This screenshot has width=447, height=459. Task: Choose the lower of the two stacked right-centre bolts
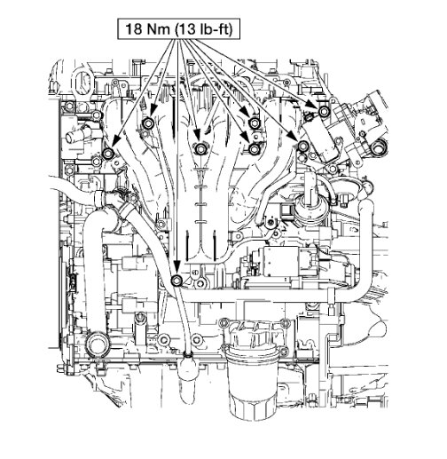255,149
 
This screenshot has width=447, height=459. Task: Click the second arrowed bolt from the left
148,122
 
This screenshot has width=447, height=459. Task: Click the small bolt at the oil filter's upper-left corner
224,321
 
